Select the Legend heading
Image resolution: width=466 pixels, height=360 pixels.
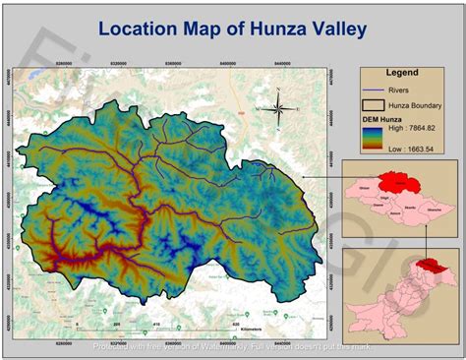[x=401, y=73]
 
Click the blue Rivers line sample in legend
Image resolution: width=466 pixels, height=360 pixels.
[x=377, y=90]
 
